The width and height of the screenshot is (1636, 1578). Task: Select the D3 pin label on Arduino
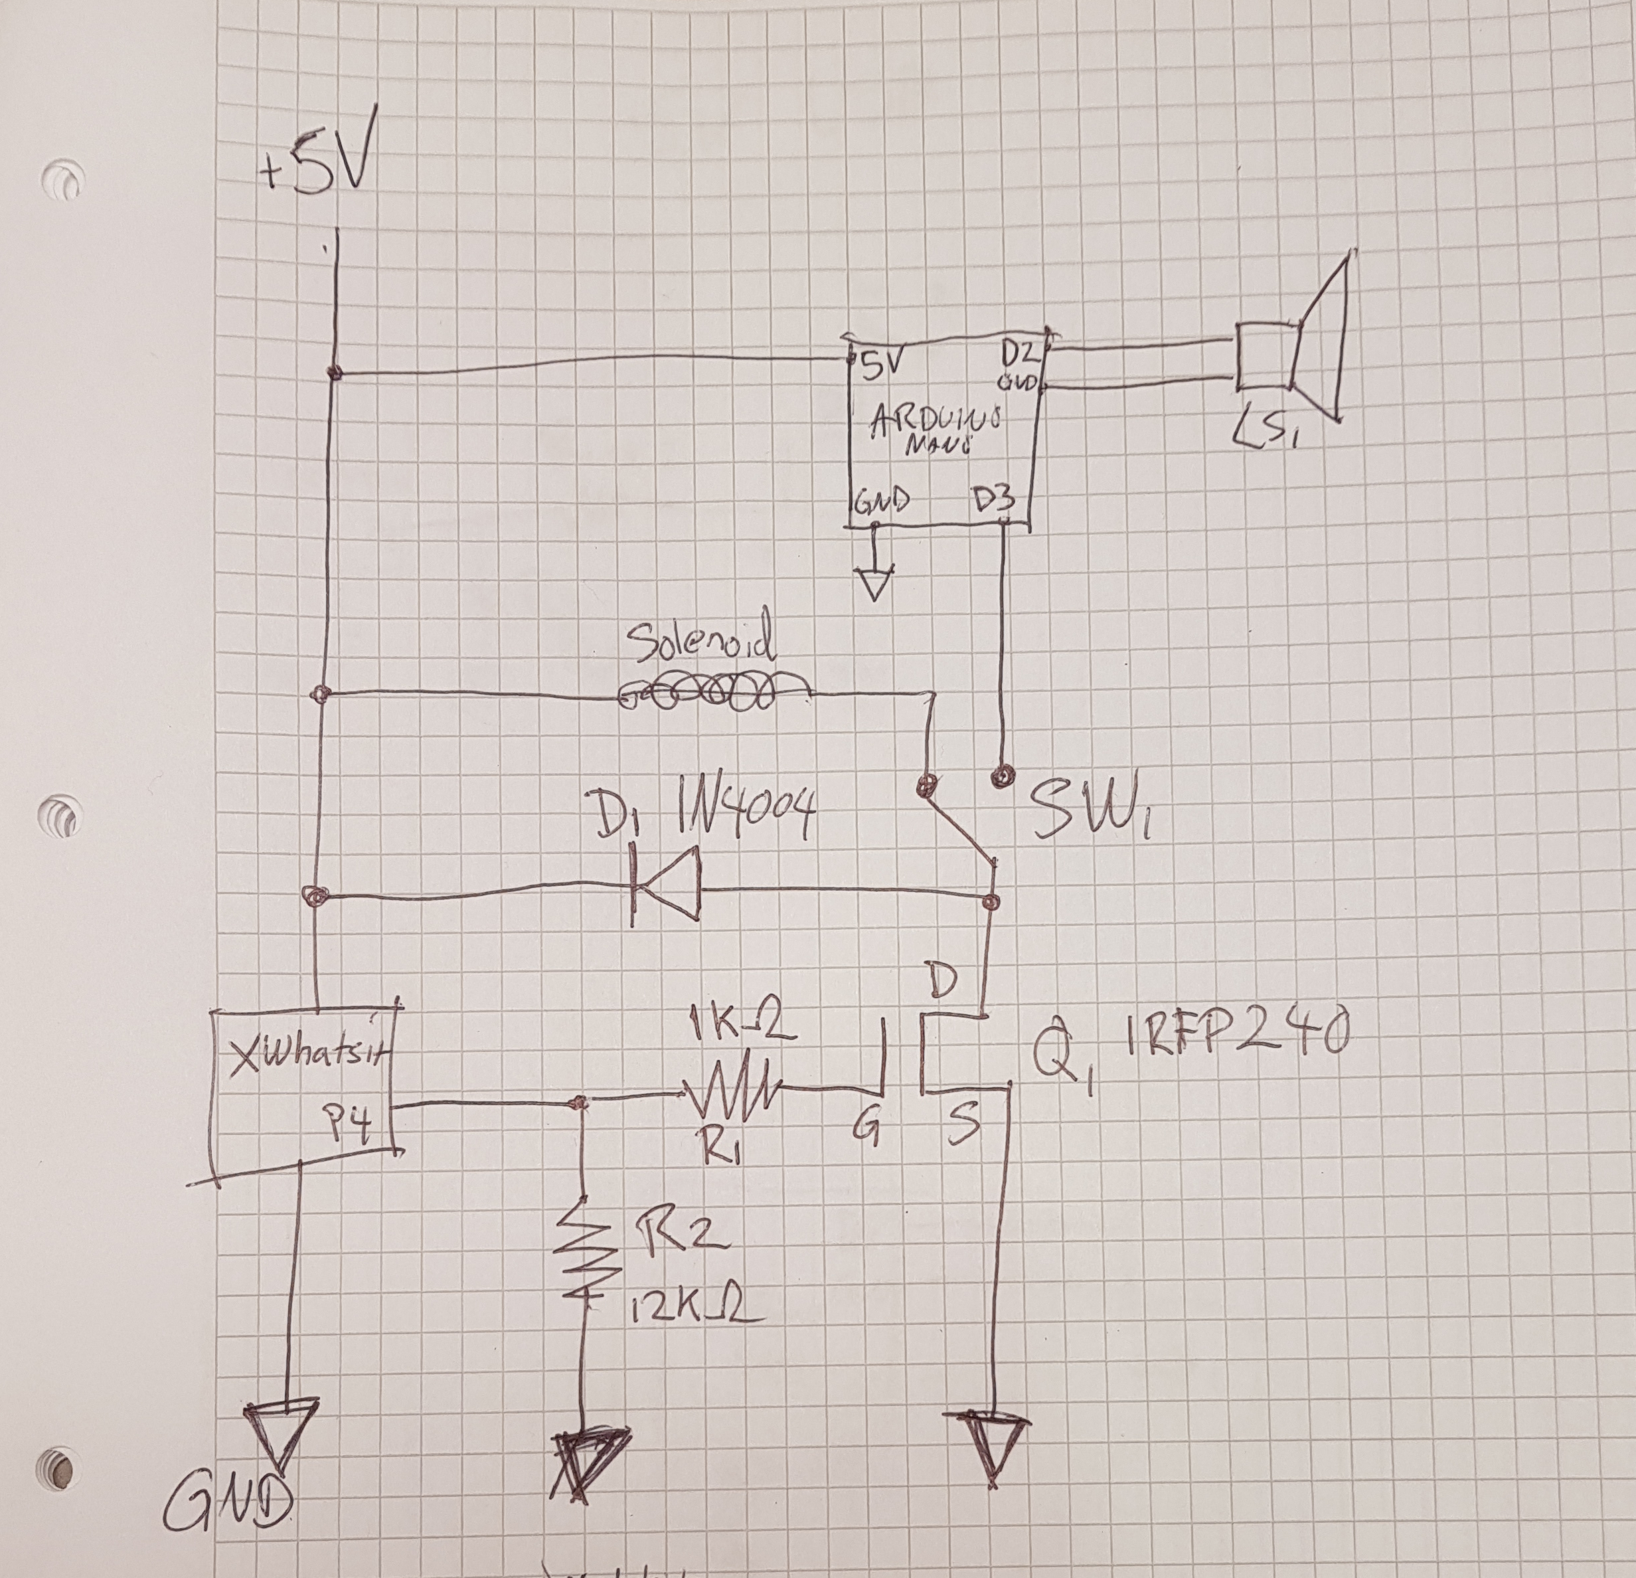point(993,500)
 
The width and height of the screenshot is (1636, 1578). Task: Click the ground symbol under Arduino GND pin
point(874,582)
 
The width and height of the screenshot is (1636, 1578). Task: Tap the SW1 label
point(1085,809)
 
